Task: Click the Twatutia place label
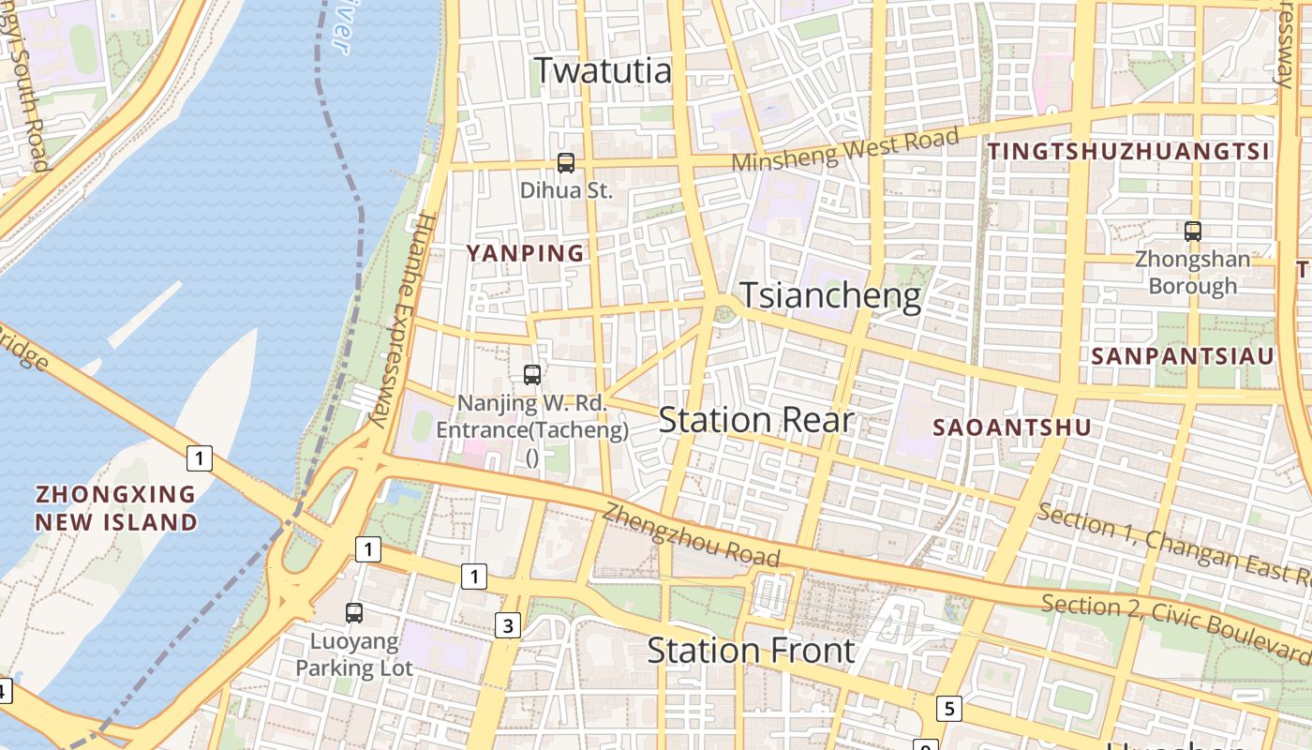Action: (x=603, y=70)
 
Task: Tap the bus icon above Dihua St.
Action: (x=566, y=162)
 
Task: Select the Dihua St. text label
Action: (x=566, y=190)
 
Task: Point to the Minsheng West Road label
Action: (x=845, y=151)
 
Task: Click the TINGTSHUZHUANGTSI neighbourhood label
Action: (x=1128, y=151)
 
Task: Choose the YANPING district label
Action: (x=526, y=253)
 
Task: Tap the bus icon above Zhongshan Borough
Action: (x=1193, y=231)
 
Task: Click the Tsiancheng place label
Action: (x=831, y=296)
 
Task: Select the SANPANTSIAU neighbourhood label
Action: (x=1183, y=356)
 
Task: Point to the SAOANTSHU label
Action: (x=1012, y=427)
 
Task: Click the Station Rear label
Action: (x=755, y=420)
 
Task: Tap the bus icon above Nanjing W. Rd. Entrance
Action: (x=532, y=375)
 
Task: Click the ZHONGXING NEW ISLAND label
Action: (x=116, y=507)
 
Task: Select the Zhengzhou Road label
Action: (x=691, y=536)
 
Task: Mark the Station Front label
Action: (x=751, y=650)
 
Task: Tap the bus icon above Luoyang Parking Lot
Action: (x=354, y=613)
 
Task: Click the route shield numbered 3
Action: (x=507, y=625)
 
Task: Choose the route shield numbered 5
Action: (x=948, y=708)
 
